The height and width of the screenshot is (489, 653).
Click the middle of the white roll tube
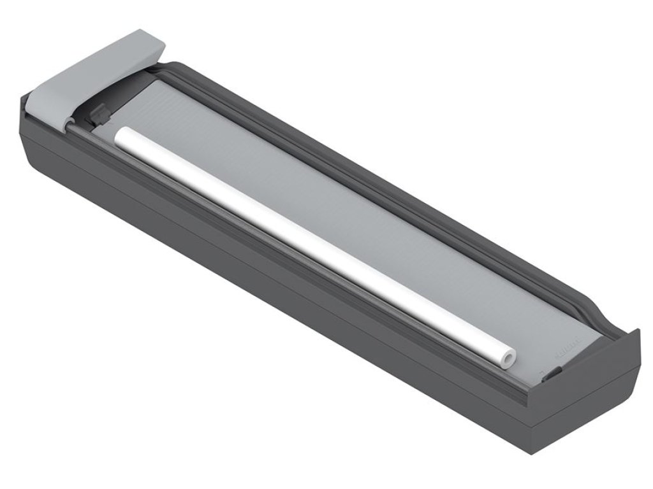312,246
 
